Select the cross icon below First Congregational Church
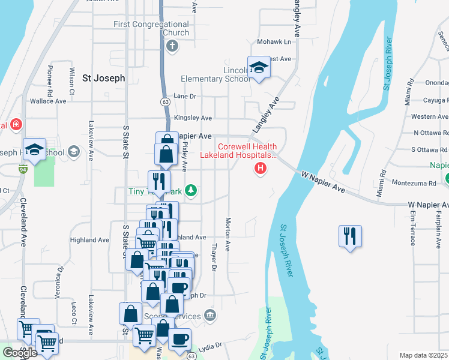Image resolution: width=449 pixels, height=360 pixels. [171, 46]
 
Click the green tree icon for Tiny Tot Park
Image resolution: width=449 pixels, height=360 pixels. [191, 191]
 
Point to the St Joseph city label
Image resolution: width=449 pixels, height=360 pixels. [103, 78]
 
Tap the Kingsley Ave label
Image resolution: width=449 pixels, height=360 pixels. [193, 118]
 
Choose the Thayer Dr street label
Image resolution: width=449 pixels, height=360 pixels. [214, 256]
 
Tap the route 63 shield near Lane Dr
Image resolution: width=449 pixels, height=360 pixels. [164, 103]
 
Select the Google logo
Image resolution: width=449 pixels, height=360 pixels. [20, 353]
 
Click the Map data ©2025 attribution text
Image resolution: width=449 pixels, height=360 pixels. [423, 355]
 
